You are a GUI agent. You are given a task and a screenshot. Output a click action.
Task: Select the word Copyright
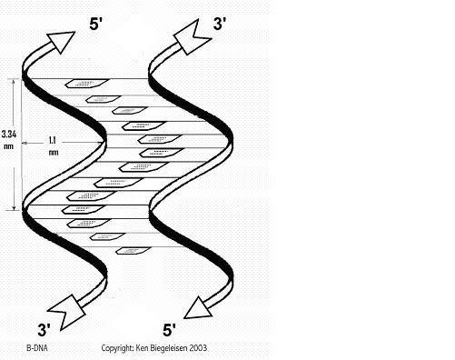pos(118,347)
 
